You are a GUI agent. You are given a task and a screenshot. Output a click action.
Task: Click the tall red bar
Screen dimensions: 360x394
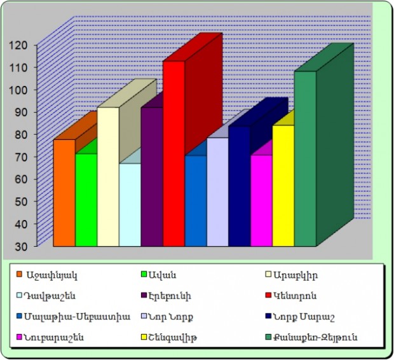tap(173, 153)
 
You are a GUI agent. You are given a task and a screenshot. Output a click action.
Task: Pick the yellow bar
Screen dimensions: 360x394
tap(283, 184)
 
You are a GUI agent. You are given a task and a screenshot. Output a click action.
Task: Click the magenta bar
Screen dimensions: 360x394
tap(261, 200)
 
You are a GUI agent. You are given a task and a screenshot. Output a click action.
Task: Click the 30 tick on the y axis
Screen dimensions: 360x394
tap(20, 246)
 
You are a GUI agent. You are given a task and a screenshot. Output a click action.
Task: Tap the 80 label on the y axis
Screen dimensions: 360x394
tap(20, 134)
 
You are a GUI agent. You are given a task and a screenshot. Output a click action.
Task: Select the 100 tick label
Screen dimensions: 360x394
tap(18, 90)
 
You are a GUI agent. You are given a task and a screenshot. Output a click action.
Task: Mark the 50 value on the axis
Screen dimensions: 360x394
tap(20, 202)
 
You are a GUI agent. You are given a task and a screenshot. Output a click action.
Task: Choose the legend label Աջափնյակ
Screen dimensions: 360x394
tap(51, 275)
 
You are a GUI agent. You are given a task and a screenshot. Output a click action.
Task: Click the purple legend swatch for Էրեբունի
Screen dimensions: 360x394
tap(144, 295)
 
